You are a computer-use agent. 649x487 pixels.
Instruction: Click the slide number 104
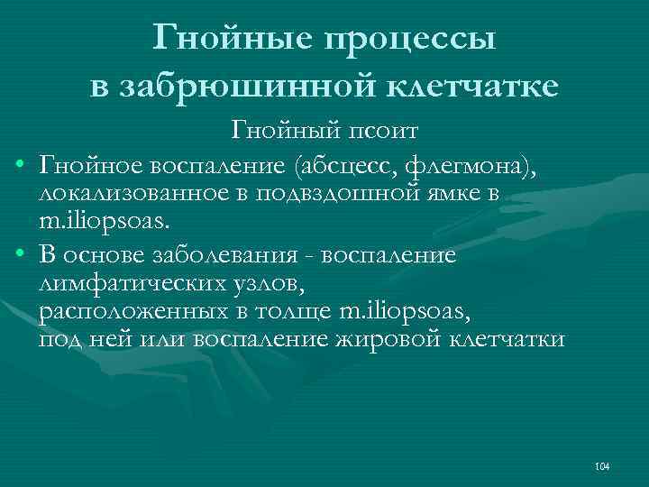tap(603, 466)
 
